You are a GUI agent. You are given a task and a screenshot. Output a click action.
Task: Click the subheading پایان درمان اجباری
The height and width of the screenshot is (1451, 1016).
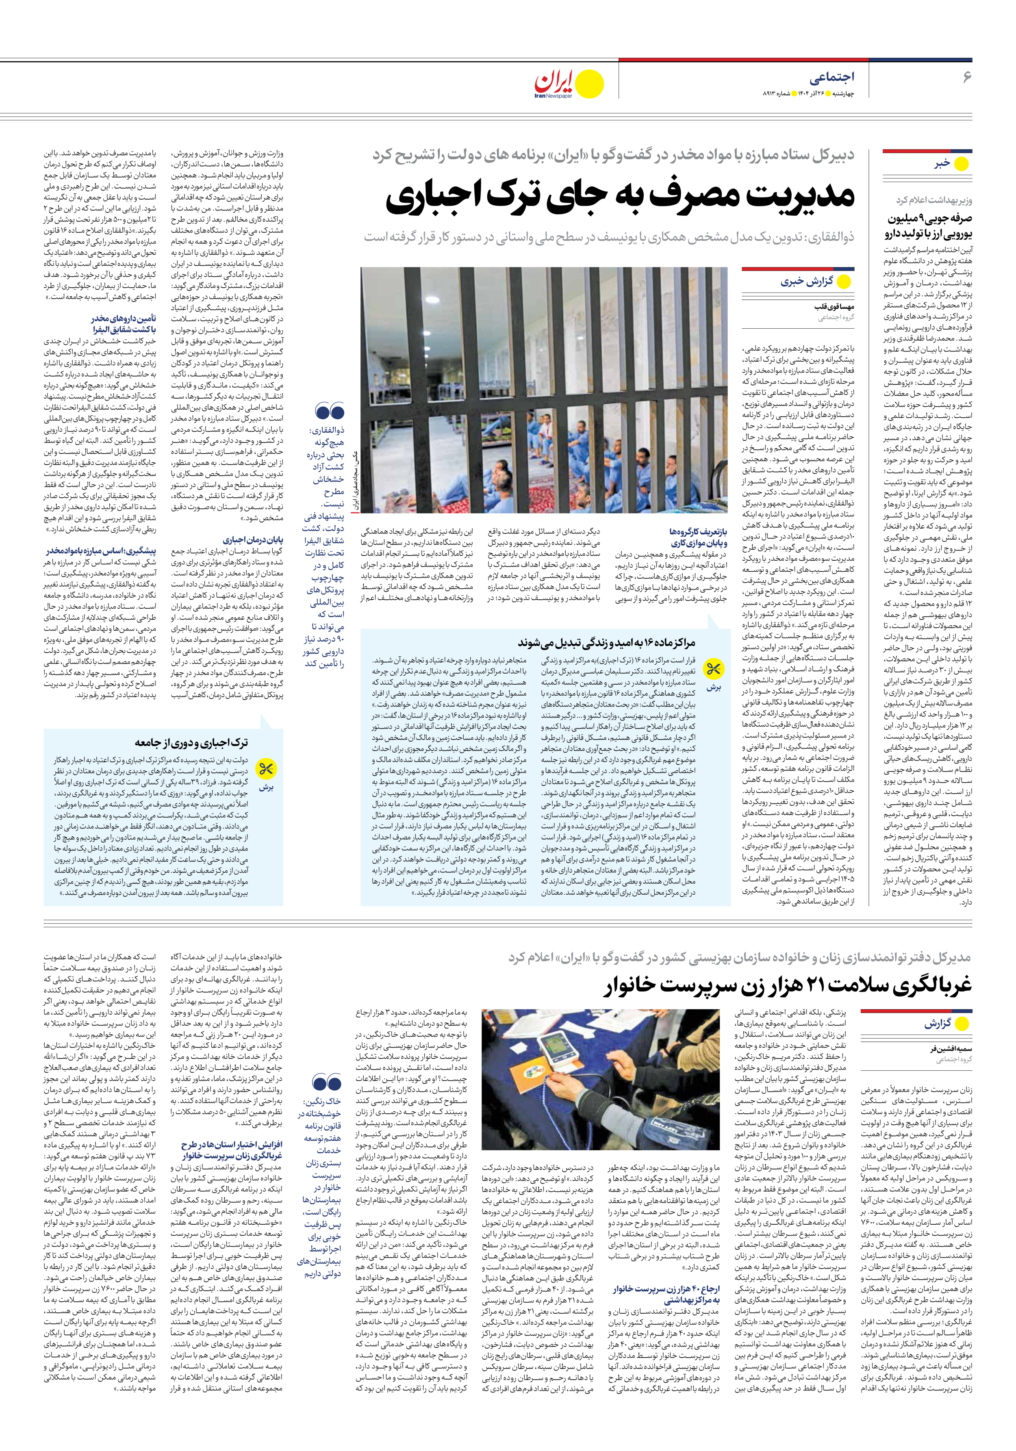pos(253,540)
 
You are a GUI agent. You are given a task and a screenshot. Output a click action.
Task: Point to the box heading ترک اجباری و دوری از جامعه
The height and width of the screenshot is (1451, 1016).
pos(190,742)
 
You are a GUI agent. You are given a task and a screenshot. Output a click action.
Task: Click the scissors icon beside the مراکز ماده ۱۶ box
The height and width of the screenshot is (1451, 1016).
pos(714,669)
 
